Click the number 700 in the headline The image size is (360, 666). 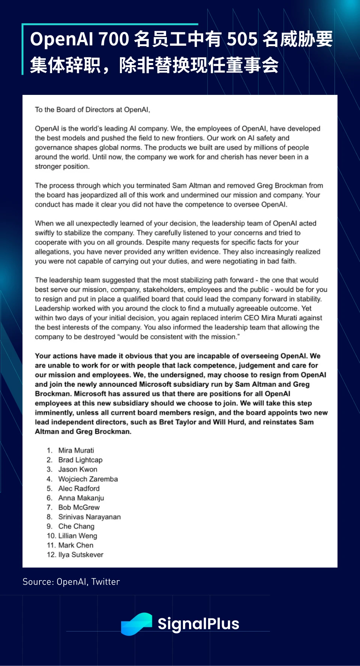coord(114,39)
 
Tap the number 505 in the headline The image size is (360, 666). coord(242,39)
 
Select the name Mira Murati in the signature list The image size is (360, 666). coord(76,450)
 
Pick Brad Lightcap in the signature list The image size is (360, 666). coord(80,460)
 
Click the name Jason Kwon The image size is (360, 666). coord(78,469)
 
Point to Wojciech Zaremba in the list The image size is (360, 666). coord(88,479)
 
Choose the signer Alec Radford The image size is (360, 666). coord(79,488)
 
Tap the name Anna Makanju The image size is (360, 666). coord(81,498)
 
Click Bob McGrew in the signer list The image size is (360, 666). coord(79,507)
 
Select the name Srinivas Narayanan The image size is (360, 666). coord(89,517)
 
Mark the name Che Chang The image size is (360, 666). coord(76,526)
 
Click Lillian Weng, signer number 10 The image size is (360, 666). coord(78,535)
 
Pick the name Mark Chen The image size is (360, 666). coord(76,545)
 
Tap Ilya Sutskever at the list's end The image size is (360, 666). coord(81,555)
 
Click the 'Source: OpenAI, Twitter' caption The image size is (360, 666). coord(71,582)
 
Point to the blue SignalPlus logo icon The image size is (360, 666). coord(136,624)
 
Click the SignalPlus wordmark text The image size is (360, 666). coord(198,624)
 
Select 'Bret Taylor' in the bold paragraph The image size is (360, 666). coord(177,422)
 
